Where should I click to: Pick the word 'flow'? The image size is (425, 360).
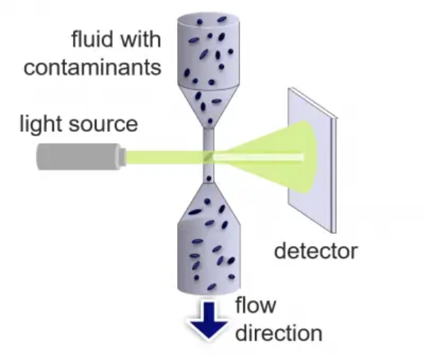click(256, 305)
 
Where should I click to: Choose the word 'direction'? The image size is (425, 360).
click(278, 332)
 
